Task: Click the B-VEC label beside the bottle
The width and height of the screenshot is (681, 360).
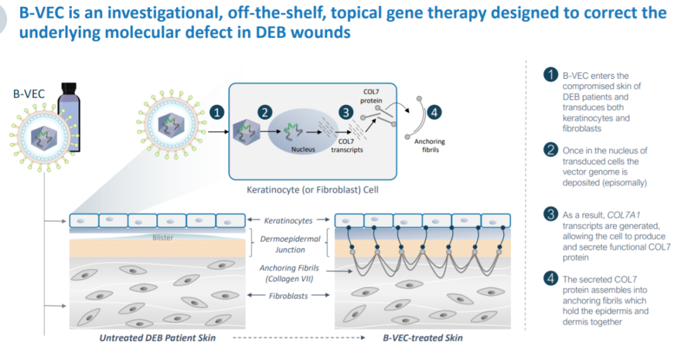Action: [28, 94]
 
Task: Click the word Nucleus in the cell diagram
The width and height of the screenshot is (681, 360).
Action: [303, 149]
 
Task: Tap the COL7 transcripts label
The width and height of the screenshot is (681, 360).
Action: [347, 146]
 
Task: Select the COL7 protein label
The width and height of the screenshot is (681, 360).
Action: [371, 96]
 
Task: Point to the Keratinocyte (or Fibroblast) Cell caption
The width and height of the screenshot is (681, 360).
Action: [311, 189]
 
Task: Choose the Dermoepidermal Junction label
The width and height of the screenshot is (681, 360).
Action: [290, 245]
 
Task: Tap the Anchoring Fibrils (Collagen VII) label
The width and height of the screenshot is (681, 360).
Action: [289, 274]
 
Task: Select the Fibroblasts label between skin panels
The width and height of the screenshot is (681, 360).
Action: [289, 295]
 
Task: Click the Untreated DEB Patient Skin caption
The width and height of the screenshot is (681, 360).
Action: [158, 338]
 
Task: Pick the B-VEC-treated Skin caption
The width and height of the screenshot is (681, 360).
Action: [422, 338]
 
